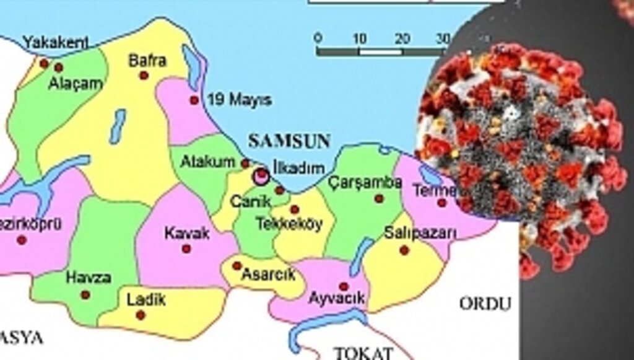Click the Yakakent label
pyautogui.click(x=56, y=42)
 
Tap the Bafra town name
pyautogui.click(x=147, y=61)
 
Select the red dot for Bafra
pyautogui.click(x=144, y=76)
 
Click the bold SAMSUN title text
pyautogui.click(x=289, y=141)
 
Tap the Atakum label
pyautogui.click(x=208, y=162)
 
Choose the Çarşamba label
pyautogui.click(x=366, y=183)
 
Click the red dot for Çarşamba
pyautogui.click(x=379, y=199)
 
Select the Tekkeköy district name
pyautogui.click(x=289, y=224)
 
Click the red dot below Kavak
pyautogui.click(x=186, y=248)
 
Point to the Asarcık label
pyautogui.click(x=268, y=274)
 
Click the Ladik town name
pyautogui.click(x=146, y=301)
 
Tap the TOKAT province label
pyautogui.click(x=363, y=353)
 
